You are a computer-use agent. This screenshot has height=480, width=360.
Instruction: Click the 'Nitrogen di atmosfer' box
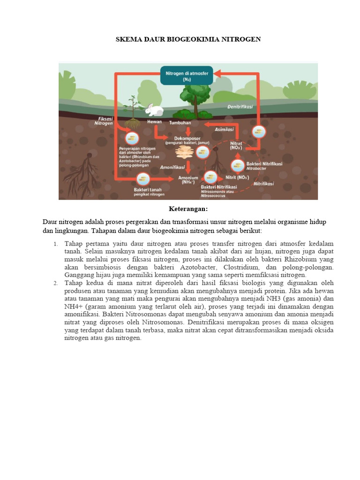coord(187,75)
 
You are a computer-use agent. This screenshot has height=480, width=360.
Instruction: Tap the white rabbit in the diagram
coord(153,110)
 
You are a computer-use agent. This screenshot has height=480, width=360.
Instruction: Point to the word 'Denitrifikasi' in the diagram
coord(240,107)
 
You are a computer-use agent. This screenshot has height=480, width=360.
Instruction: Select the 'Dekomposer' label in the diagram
coord(187,138)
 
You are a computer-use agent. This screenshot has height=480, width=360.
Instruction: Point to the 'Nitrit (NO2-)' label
coord(237,178)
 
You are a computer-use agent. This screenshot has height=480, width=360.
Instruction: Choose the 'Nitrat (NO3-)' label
coord(236,145)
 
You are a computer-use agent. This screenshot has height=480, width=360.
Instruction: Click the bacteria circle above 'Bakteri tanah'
coord(143,179)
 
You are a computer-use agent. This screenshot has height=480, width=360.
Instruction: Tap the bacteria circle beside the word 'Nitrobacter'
coord(236,165)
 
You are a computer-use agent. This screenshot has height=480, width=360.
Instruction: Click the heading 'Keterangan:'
coord(188,208)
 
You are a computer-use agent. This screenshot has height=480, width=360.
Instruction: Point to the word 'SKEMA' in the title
coord(127,39)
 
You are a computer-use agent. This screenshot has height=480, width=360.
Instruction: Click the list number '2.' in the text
coord(55,283)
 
